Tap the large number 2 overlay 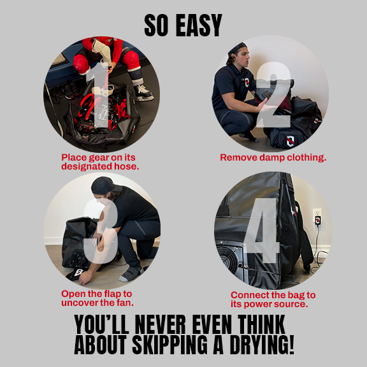click(275, 95)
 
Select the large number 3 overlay click(101, 232)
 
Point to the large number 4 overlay click(262, 231)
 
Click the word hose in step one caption click(126, 166)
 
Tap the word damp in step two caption click(271, 157)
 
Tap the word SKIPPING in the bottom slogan click(169, 345)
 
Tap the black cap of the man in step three click(104, 185)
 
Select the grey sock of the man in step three click(131, 275)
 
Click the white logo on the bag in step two click(291, 141)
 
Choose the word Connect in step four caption click(246, 296)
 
